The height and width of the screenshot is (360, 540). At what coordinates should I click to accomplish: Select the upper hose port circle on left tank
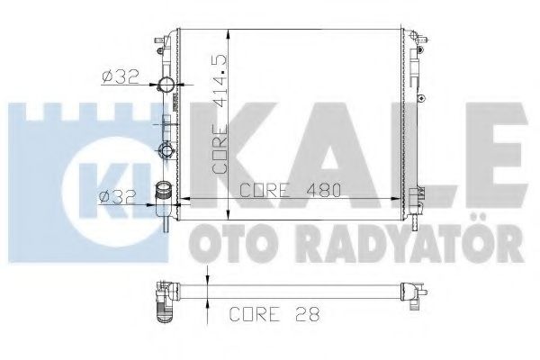(166, 87)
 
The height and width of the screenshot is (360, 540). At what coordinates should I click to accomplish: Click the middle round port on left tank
(166, 151)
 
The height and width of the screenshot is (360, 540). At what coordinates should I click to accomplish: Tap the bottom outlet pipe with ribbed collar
(165, 196)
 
